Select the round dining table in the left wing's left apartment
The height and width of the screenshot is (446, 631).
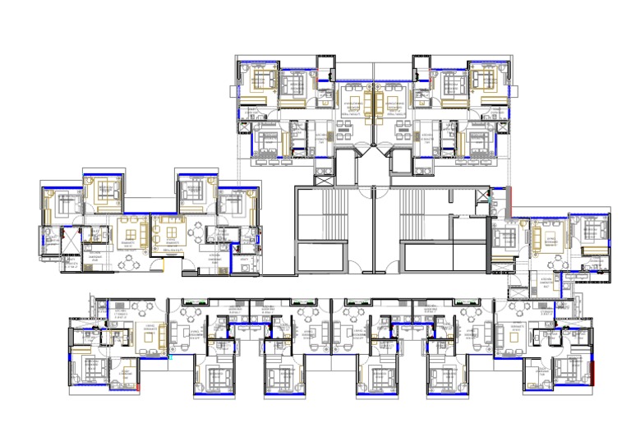[130, 264]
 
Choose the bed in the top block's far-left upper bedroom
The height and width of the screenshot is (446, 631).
[264, 80]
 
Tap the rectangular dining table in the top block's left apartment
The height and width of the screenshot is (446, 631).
[343, 128]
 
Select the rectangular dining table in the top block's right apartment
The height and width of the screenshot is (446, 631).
[403, 128]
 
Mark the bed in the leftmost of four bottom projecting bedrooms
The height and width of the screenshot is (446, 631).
[218, 378]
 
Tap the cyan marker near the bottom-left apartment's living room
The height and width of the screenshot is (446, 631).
[172, 358]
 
